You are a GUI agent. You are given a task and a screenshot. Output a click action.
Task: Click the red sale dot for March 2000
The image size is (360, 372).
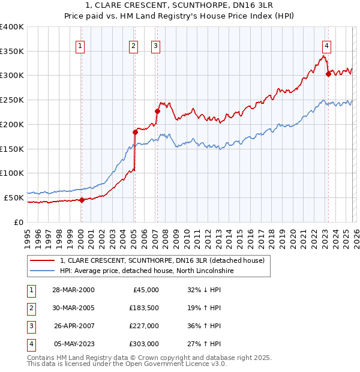click(x=82, y=200)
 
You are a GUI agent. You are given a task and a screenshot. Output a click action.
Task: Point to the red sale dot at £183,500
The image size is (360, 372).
click(x=135, y=132)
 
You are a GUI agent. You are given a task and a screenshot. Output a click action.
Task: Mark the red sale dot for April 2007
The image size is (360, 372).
click(x=157, y=111)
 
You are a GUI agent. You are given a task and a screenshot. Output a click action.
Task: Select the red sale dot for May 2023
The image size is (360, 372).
click(x=328, y=74)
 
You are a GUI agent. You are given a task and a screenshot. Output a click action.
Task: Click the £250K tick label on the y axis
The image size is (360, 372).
click(x=12, y=100)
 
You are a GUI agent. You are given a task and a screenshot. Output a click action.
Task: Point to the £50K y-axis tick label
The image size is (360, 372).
click(x=14, y=197)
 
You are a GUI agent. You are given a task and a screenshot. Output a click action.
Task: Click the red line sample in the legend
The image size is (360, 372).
click(x=43, y=260)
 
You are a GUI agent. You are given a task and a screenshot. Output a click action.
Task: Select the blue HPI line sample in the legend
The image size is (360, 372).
click(x=43, y=271)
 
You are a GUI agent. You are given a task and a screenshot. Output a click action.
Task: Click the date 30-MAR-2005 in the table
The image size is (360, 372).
click(x=73, y=308)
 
